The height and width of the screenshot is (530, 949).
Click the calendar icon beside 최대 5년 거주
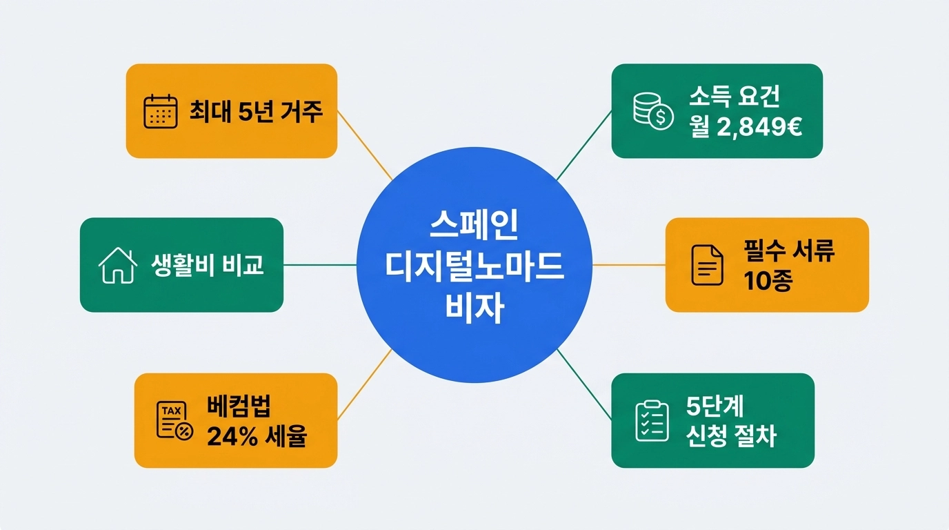(x=160, y=111)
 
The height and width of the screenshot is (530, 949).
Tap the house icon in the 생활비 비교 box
(x=118, y=265)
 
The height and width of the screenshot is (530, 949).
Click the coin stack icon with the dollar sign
(x=652, y=111)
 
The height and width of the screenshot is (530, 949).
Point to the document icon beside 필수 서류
(x=708, y=265)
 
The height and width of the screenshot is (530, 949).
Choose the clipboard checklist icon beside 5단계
(x=651, y=421)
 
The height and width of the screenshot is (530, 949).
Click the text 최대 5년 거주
(x=256, y=111)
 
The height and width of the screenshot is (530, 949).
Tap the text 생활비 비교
(x=207, y=265)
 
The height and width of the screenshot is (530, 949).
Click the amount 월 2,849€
(x=745, y=127)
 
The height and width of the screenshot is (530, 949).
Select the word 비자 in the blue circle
(x=474, y=308)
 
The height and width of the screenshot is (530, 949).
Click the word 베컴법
(x=234, y=406)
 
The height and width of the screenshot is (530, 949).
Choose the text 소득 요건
(x=734, y=97)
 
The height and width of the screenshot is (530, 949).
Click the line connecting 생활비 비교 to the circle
(x=320, y=265)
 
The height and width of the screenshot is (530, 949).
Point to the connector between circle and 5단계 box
(x=584, y=384)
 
